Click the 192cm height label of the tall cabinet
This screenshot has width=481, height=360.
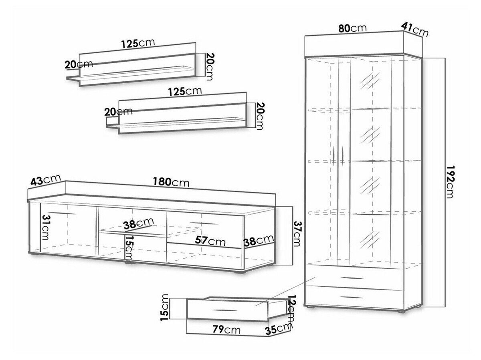tap(450, 182)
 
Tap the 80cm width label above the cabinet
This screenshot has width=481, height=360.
tap(352, 28)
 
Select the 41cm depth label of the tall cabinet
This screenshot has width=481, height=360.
tap(414, 30)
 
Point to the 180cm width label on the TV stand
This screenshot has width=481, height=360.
tap(171, 182)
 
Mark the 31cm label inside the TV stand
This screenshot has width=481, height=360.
tap(45, 227)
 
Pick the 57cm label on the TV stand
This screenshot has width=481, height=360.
tap(210, 241)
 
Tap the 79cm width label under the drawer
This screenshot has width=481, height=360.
tap(226, 330)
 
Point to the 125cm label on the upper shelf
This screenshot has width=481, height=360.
tap(138, 43)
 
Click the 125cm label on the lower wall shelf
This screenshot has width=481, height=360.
tap(185, 92)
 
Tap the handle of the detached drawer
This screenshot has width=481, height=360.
tap(225, 310)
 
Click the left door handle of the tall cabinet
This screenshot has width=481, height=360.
tap(333, 156)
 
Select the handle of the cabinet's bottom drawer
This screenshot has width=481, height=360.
tap(352, 298)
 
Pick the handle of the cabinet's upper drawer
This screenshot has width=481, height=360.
tap(353, 278)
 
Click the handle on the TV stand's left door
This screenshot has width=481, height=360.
tap(62, 213)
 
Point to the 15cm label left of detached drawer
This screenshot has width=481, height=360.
tap(164, 308)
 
